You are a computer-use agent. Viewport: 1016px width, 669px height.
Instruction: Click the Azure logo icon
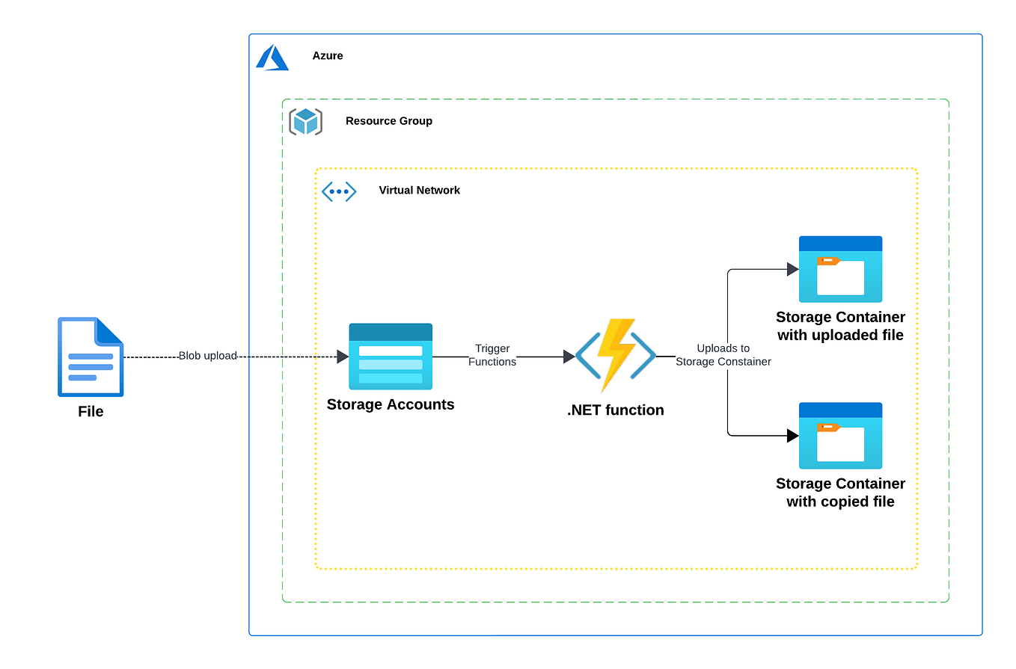272,58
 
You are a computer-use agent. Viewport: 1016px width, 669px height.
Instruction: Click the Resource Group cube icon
305,121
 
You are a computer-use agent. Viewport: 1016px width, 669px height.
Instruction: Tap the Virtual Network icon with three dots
339,191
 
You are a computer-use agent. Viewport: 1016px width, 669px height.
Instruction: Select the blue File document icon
91,357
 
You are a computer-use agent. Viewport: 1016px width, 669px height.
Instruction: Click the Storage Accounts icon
391,357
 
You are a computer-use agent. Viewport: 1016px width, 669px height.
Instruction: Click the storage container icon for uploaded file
840,269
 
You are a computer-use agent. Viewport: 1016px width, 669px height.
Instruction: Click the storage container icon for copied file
840,436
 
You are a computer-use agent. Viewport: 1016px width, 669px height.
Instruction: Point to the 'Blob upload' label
207,357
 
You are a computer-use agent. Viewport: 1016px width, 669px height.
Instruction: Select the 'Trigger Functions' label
492,355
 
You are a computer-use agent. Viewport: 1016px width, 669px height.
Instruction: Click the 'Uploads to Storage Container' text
723,355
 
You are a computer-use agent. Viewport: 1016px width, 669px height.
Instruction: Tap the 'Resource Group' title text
388,121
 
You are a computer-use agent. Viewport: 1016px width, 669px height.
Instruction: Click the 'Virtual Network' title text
419,191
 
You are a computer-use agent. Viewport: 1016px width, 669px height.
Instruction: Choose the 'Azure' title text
328,56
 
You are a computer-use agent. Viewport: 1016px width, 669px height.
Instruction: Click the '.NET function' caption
615,410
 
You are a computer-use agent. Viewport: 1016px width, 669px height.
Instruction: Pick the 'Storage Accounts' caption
391,404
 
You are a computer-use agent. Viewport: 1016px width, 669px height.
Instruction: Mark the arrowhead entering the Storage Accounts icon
343,357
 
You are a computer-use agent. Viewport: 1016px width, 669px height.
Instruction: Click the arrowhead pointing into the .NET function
569,357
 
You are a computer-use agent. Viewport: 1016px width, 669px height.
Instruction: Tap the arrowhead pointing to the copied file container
792,435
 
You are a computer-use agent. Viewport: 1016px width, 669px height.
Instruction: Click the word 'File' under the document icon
91,412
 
